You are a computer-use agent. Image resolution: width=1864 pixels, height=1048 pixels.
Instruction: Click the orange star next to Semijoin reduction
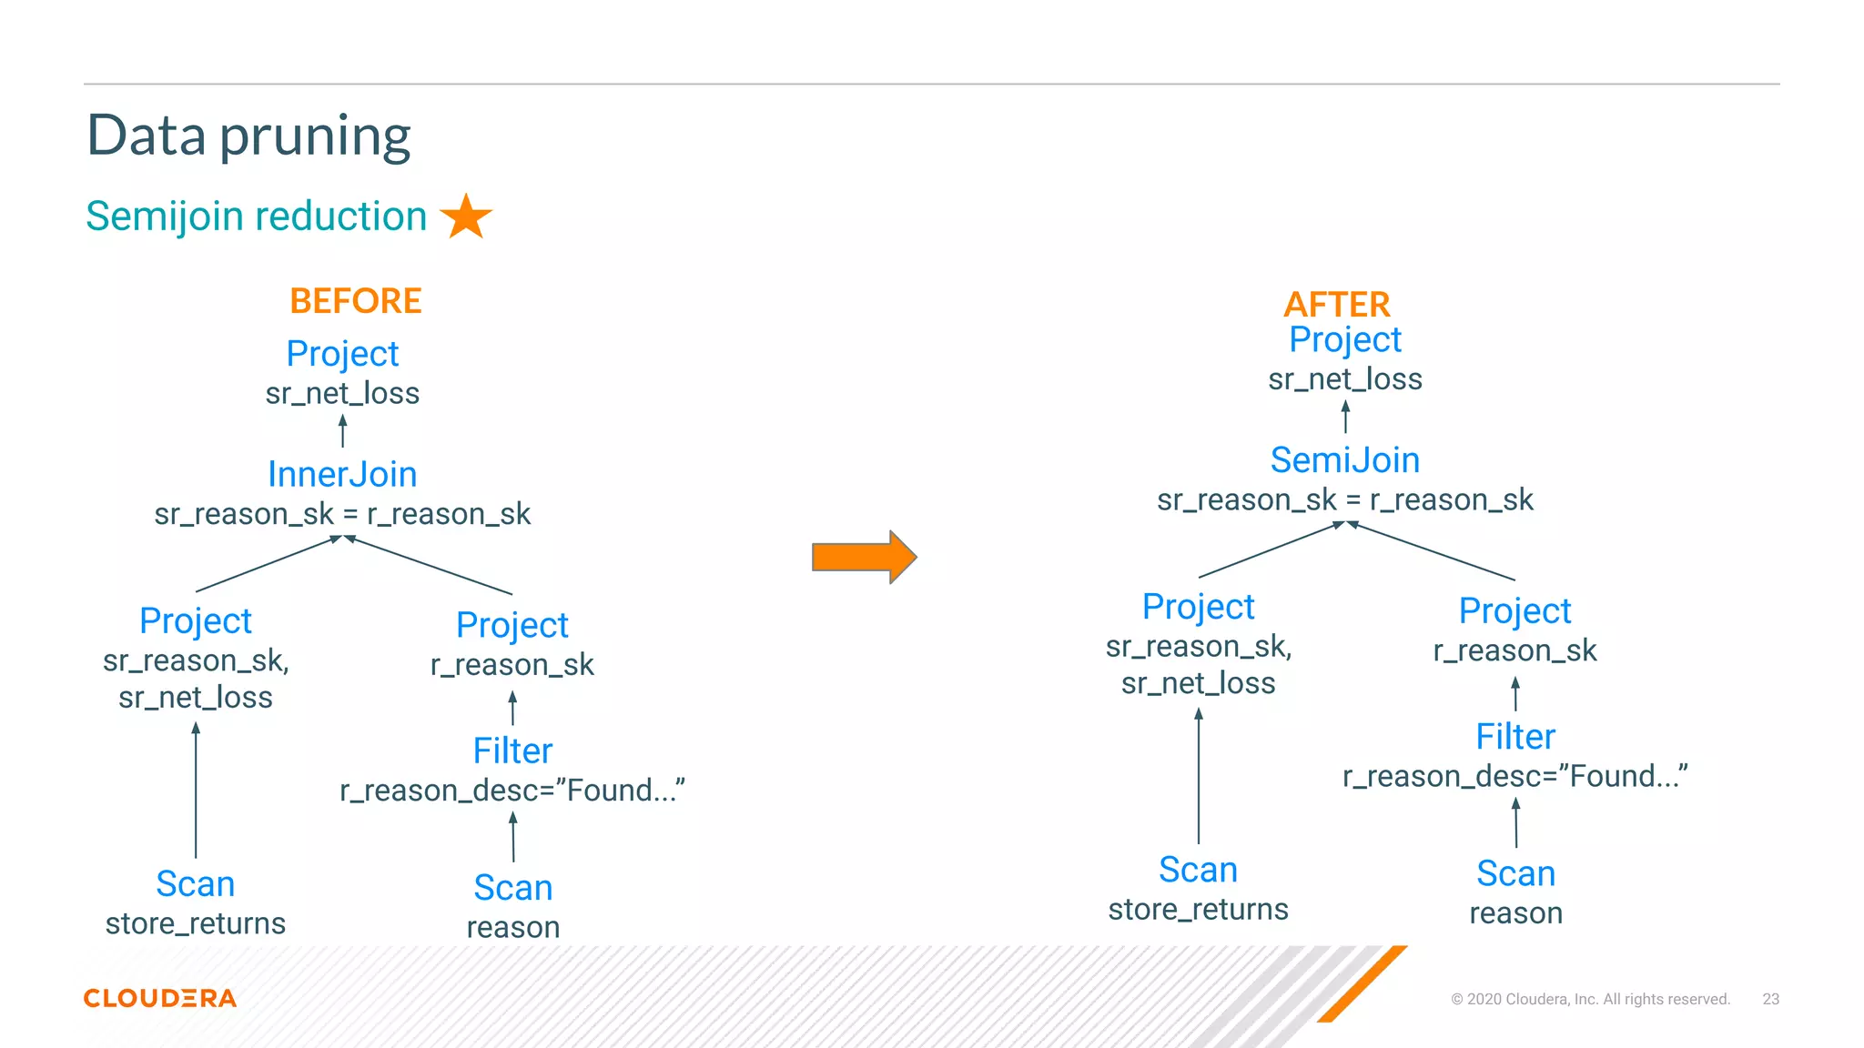[x=466, y=217]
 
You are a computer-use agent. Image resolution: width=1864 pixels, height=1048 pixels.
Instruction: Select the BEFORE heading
[x=355, y=301]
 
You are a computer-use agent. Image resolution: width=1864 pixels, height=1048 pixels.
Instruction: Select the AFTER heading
[x=1336, y=304]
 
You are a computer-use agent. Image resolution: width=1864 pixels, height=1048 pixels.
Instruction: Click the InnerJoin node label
[x=342, y=474]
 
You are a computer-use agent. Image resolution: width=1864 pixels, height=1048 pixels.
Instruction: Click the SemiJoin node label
[x=1344, y=460]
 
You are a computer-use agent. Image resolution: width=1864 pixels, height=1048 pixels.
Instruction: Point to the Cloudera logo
[x=160, y=998]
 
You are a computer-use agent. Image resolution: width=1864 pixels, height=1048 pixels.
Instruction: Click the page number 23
[x=1770, y=999]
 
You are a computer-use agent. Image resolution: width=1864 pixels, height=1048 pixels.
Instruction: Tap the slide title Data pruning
[x=248, y=136]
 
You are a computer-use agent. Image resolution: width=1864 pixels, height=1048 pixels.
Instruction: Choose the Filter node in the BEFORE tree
[x=512, y=751]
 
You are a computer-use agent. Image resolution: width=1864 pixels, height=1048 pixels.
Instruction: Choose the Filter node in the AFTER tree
[x=1514, y=737]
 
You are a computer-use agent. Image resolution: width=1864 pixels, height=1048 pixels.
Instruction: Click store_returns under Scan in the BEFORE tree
[x=196, y=923]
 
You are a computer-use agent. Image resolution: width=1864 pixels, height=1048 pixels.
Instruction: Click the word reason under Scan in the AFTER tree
[x=1515, y=912]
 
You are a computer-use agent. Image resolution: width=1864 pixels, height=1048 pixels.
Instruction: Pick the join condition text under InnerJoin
[x=342, y=514]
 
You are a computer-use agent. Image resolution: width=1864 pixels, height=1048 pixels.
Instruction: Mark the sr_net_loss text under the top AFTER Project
[x=1344, y=378]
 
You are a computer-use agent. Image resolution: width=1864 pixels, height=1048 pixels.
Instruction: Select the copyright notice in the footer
[x=1589, y=999]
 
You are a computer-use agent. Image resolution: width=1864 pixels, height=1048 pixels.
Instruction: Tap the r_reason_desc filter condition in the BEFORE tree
[x=512, y=791]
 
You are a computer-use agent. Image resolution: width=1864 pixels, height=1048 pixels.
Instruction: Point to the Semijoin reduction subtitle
[x=256, y=217]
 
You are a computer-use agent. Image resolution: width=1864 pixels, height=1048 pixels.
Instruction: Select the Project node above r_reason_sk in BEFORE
[x=512, y=625]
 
